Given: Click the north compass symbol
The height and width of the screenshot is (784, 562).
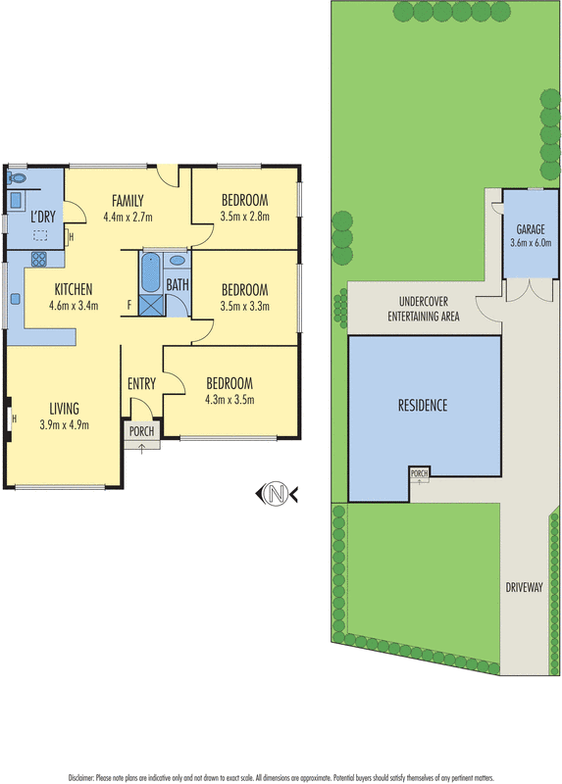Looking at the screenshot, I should (x=277, y=495).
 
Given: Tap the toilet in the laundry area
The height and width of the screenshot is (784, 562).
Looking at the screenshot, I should (x=17, y=178).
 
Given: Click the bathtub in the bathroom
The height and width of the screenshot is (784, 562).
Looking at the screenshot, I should (x=151, y=272).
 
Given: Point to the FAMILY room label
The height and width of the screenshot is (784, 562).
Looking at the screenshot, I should (x=128, y=200).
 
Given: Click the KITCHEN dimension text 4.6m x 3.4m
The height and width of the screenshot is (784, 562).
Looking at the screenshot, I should (x=74, y=306).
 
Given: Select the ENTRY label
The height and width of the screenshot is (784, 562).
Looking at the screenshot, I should (x=141, y=383).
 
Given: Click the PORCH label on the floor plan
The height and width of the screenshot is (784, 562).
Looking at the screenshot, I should (x=141, y=430).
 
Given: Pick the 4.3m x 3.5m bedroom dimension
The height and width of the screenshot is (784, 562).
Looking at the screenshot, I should (x=230, y=400).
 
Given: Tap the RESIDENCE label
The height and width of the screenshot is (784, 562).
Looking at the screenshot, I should (x=422, y=405).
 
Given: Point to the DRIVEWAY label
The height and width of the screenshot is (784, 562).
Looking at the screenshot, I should (x=524, y=587).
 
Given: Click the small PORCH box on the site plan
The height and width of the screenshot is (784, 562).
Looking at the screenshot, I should (x=420, y=475).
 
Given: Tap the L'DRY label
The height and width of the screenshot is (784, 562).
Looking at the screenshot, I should (x=42, y=216).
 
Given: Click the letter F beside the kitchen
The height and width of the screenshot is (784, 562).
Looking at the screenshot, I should (x=129, y=305).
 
